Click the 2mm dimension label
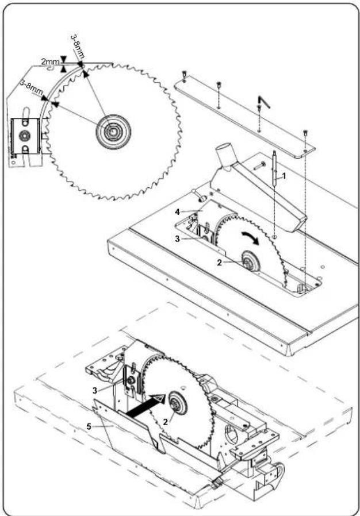50,61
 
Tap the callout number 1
284,176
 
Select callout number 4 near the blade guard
178,212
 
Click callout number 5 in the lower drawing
89,426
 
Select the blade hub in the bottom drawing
178,403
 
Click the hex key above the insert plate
264,102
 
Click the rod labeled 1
274,168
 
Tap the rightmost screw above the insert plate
307,134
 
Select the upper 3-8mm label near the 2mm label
78,47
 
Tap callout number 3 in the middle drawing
178,239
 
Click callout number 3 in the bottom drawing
95,391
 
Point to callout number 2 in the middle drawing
219,263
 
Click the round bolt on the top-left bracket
24,134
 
